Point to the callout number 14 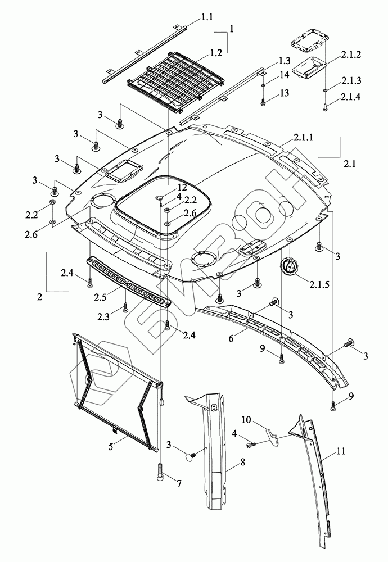pyautogui.click(x=284, y=74)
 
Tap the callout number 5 pyautogui.click(x=111, y=447)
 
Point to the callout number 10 pyautogui.click(x=246, y=420)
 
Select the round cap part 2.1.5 pyautogui.click(x=288, y=266)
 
